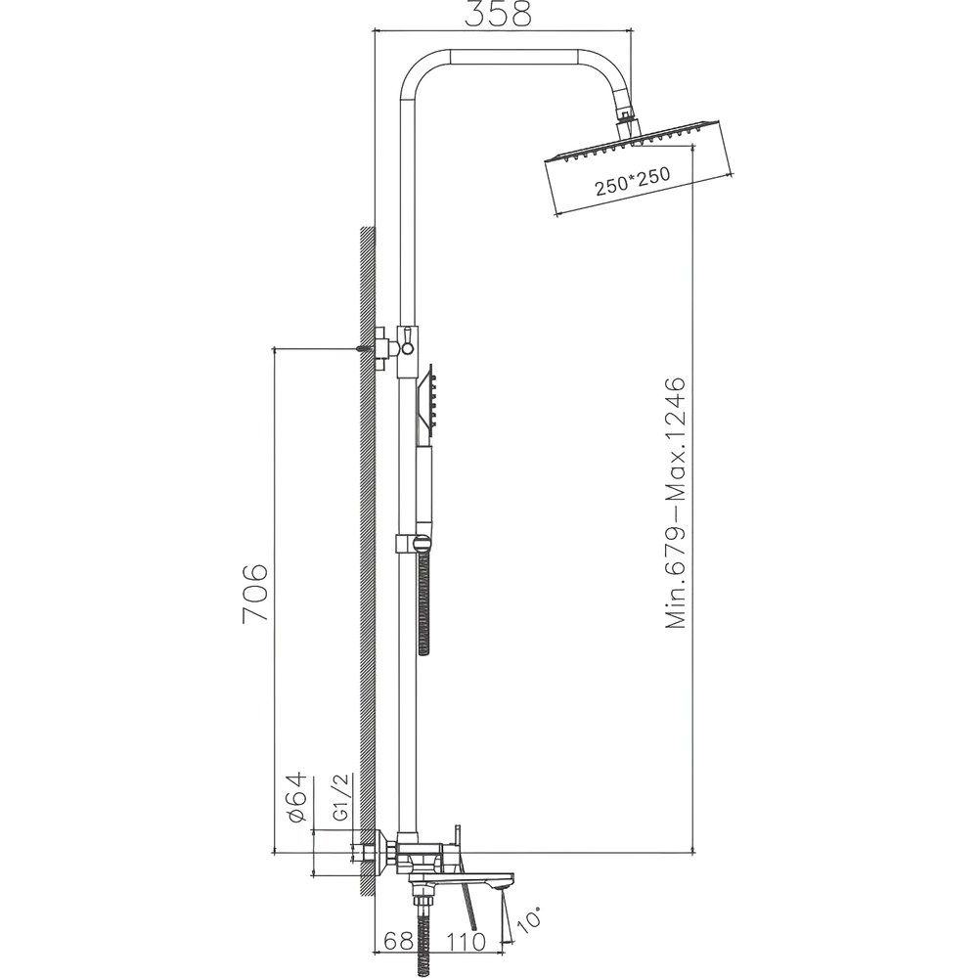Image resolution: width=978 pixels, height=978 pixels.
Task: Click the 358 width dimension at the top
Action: pos(498,15)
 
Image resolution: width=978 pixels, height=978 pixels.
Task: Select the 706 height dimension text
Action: pos(254,593)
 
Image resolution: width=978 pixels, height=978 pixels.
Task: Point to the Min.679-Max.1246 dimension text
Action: pos(675,503)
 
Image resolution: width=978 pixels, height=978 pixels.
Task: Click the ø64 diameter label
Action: pos(298,798)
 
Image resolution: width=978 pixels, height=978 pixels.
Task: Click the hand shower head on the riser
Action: pos(428,401)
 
